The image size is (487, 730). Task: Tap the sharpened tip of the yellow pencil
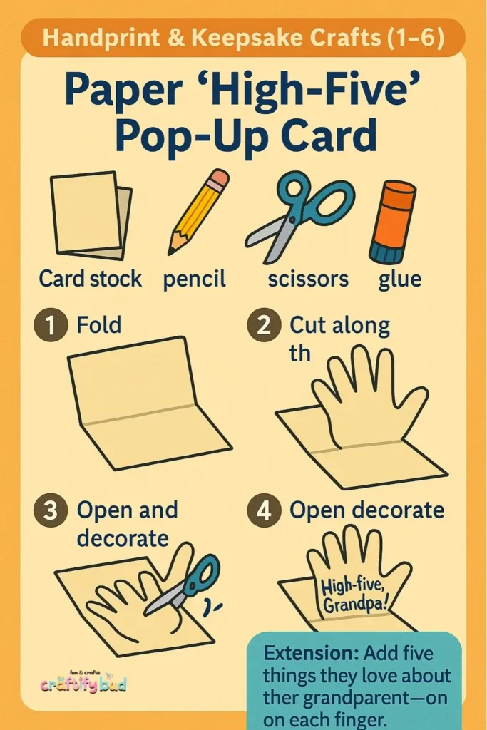171,252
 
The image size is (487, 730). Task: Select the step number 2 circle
264,324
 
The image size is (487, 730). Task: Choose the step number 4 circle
264,510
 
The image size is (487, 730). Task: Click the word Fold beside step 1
98,324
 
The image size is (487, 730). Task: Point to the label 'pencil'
194,279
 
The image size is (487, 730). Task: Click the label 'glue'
399,279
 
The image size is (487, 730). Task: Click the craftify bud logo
83,682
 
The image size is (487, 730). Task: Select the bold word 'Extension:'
311,653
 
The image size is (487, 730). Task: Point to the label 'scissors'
308,279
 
